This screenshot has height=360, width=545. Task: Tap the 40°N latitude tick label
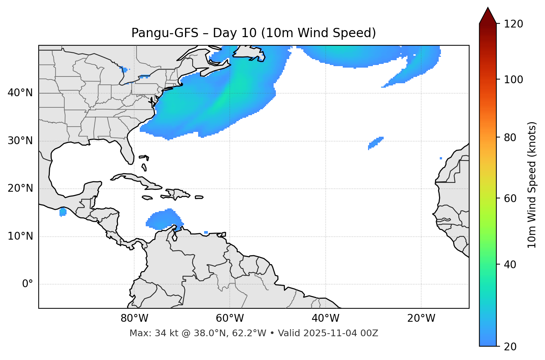pos(20,93)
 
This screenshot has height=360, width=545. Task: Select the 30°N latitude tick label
pos(20,141)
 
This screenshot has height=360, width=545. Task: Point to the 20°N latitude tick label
pos(20,188)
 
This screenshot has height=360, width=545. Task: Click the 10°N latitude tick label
pos(20,236)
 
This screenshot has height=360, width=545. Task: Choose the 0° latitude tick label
pos(28,284)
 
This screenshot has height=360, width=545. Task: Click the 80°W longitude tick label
pos(134,318)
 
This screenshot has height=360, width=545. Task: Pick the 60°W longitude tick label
pos(230,318)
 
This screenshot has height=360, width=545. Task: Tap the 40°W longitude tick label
pos(325,318)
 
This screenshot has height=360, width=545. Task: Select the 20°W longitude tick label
pos(421,318)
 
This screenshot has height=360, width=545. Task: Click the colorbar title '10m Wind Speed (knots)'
pos(532,185)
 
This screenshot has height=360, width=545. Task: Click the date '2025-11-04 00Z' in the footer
pos(341,333)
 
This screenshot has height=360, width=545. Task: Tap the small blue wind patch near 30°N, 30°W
pos(375,143)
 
